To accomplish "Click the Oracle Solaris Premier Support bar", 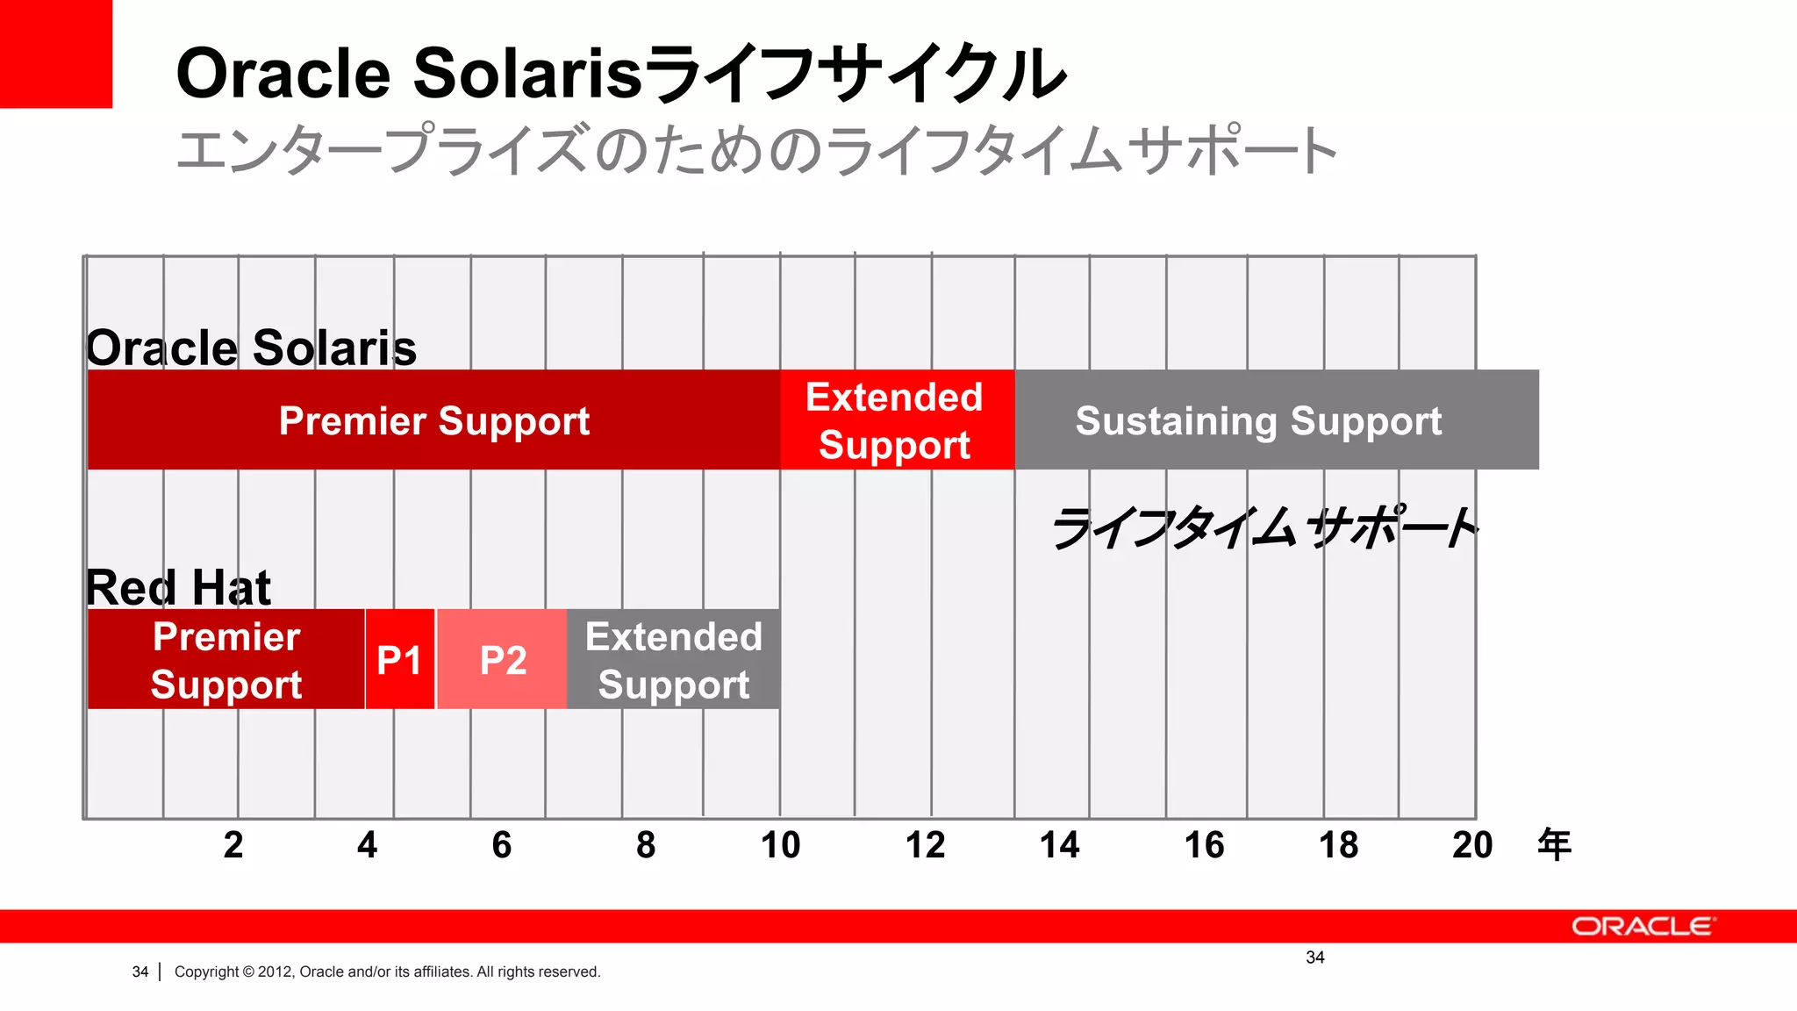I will tap(433, 419).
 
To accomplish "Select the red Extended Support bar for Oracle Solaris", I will tap(896, 419).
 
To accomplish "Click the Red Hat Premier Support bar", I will tap(226, 659).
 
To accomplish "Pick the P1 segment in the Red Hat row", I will tap(399, 659).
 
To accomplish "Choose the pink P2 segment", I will tap(502, 659).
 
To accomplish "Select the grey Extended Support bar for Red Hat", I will tap(673, 659).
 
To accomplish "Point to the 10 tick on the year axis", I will tap(780, 844).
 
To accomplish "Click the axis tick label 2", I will tap(233, 844).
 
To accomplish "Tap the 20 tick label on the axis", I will tap(1471, 844).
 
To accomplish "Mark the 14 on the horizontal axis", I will tap(1059, 844).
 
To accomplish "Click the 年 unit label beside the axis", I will tap(1553, 844).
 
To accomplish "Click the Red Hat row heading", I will tap(178, 586).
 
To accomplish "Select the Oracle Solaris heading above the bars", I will tap(251, 348).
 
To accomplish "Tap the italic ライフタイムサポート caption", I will tap(1264, 528).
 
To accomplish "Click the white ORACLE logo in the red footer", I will tap(1642, 927).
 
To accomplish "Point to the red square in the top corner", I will tap(55, 54).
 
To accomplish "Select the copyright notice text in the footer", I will tap(387, 972).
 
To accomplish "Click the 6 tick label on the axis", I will tap(501, 844).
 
